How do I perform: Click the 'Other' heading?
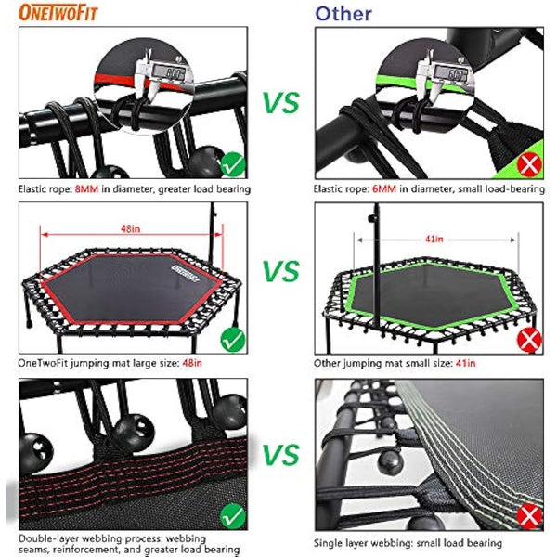coord(343,13)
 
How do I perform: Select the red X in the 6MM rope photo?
coord(531,167)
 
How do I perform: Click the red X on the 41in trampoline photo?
coord(531,339)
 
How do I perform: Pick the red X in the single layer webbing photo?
coord(530,513)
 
